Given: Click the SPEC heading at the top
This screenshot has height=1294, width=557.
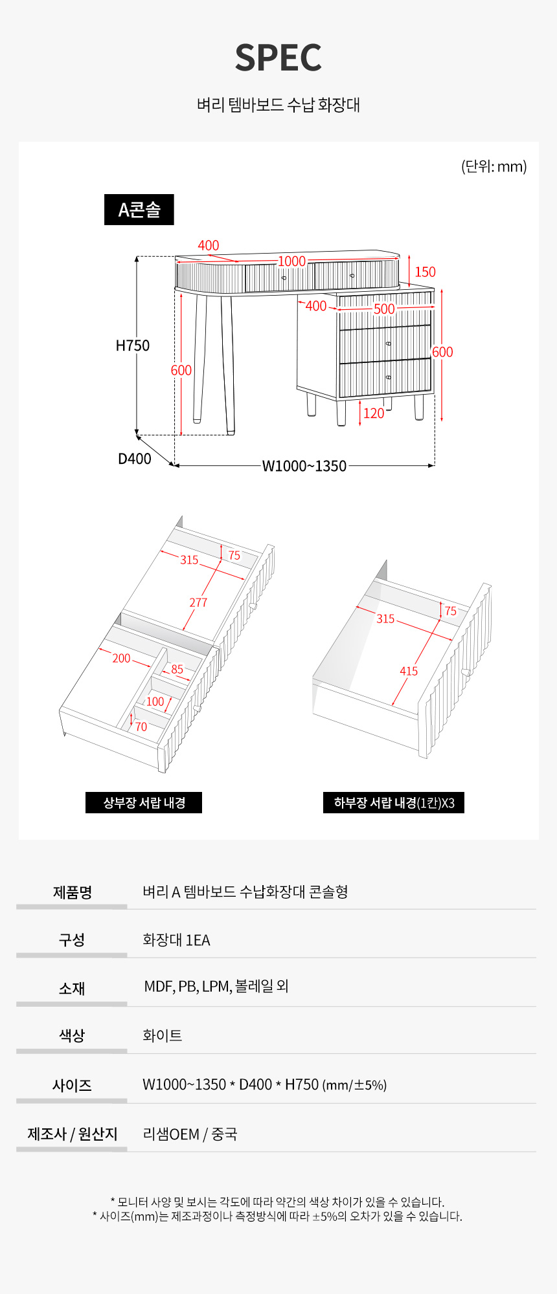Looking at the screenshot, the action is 278,58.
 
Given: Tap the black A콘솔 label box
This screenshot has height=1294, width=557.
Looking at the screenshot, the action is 139,210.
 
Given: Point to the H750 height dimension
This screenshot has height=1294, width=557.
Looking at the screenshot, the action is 133,345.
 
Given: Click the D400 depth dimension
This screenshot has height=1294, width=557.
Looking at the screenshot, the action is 135,459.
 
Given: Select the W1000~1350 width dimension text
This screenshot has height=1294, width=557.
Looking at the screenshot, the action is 304,466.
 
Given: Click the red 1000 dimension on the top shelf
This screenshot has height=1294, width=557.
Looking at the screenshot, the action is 292,261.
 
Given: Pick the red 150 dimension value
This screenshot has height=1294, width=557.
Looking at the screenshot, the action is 426,272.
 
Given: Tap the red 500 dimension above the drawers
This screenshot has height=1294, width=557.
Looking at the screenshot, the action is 384,309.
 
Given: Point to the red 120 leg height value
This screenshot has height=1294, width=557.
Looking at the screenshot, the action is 374,413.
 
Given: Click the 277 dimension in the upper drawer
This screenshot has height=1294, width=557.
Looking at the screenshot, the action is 198,602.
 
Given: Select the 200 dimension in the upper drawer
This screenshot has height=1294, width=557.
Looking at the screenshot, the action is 121,658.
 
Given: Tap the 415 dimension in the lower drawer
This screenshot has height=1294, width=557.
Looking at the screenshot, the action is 409,671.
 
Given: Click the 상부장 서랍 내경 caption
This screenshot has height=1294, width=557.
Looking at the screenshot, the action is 144,803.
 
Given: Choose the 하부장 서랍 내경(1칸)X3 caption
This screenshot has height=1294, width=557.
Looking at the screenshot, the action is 394,803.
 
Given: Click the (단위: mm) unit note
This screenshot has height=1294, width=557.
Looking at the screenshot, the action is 494,166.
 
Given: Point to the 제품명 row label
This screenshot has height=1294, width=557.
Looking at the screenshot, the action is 73,892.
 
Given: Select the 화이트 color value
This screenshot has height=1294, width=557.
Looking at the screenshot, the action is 162,1035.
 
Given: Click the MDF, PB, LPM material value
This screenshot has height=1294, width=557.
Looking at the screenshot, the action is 187,986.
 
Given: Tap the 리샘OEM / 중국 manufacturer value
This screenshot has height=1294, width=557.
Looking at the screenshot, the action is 190,1134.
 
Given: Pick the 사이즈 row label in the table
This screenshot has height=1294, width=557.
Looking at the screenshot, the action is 72,1085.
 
